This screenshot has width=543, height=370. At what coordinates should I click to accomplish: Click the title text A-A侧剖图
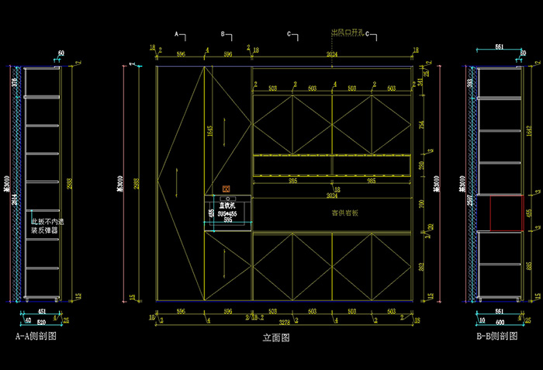coord(36,337)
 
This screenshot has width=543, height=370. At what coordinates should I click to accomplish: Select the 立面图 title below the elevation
coord(276,338)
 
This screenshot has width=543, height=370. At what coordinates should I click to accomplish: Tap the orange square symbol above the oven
coord(227,189)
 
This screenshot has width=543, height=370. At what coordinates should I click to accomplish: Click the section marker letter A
coord(177,35)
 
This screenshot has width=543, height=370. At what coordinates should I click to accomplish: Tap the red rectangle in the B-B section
coord(505,213)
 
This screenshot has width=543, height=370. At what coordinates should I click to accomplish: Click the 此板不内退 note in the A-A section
coord(47,221)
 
